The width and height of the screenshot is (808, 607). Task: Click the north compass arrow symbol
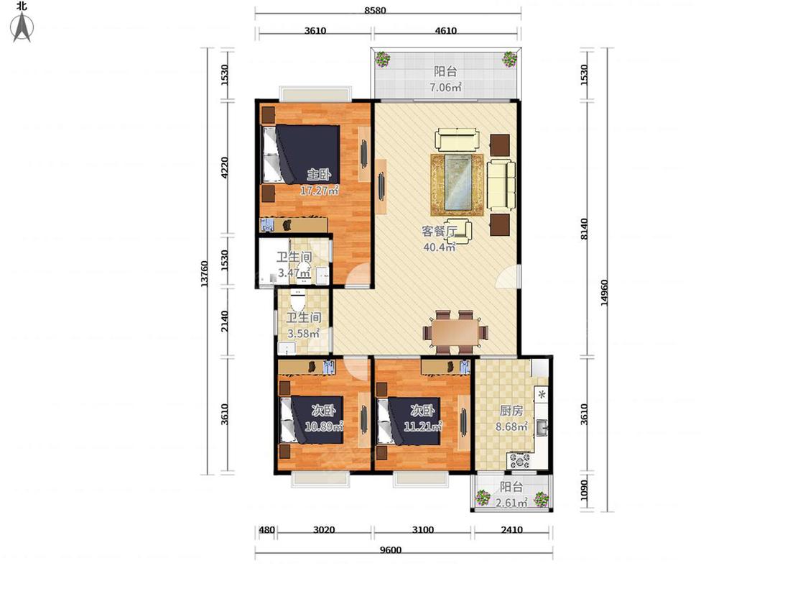[22, 27]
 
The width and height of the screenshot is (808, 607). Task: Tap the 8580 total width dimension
[375, 10]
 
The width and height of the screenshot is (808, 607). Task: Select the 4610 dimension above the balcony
[446, 30]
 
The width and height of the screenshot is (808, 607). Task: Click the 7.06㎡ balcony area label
[446, 87]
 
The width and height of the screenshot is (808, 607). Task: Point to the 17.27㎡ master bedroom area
[320, 191]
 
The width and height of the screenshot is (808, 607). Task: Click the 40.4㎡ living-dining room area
[440, 247]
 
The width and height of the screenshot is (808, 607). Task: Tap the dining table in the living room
[456, 332]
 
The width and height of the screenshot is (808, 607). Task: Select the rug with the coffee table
[458, 184]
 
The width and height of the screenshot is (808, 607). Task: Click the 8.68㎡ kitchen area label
[511, 427]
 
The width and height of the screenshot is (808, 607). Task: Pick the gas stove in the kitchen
[521, 460]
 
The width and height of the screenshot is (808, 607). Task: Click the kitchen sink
[542, 428]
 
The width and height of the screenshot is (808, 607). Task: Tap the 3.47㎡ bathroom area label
[294, 273]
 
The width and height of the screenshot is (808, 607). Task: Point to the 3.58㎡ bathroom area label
[304, 334]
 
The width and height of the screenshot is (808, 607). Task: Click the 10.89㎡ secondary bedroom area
[324, 427]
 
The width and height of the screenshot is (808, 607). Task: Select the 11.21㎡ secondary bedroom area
[423, 427]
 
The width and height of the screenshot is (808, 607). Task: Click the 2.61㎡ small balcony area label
[511, 503]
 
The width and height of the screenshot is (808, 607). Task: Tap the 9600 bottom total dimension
[391, 550]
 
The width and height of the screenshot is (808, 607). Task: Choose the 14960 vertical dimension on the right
[605, 293]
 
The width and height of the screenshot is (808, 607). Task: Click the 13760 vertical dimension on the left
[205, 273]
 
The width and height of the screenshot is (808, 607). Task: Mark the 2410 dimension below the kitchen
[511, 529]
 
